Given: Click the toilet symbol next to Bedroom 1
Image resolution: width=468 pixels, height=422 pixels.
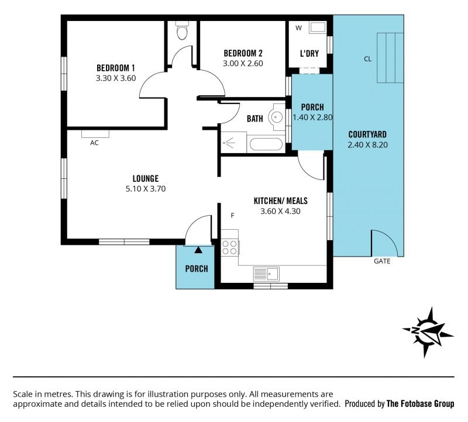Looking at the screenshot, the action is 182,30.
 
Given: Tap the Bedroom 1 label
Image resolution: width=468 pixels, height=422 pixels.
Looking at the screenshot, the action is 116,68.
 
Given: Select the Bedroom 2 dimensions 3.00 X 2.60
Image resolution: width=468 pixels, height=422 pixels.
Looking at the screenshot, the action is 243,64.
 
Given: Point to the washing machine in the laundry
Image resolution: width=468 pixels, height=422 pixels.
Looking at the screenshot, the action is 318,27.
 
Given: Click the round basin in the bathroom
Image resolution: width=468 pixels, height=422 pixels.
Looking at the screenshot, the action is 277,117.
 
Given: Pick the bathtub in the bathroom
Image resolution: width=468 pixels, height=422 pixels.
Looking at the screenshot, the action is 266,144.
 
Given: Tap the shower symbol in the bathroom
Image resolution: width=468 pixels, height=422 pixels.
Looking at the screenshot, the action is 229,143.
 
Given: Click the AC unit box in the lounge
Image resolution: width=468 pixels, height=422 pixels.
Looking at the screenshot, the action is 95,134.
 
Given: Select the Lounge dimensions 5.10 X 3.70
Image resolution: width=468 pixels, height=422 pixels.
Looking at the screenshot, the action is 145,189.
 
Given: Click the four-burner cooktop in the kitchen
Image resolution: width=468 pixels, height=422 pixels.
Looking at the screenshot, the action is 229,248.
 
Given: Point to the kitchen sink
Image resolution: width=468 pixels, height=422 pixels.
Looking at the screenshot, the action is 266,274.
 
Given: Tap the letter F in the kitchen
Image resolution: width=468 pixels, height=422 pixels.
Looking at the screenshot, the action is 232,216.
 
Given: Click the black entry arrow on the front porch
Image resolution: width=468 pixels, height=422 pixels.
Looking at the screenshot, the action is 198,250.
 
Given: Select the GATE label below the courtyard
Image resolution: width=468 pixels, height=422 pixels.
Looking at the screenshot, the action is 382,261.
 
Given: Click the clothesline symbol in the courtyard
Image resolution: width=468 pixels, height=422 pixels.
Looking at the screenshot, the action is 390,58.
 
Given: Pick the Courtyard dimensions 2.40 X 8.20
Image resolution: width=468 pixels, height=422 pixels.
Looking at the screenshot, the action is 367,145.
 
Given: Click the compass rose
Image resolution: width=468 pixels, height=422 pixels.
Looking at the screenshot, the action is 428,332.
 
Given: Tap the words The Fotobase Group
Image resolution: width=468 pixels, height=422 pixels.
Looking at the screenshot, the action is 420,404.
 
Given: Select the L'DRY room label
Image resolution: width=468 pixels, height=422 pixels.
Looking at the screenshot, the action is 309,54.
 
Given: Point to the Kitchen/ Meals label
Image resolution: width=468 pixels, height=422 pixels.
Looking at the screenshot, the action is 280,201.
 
